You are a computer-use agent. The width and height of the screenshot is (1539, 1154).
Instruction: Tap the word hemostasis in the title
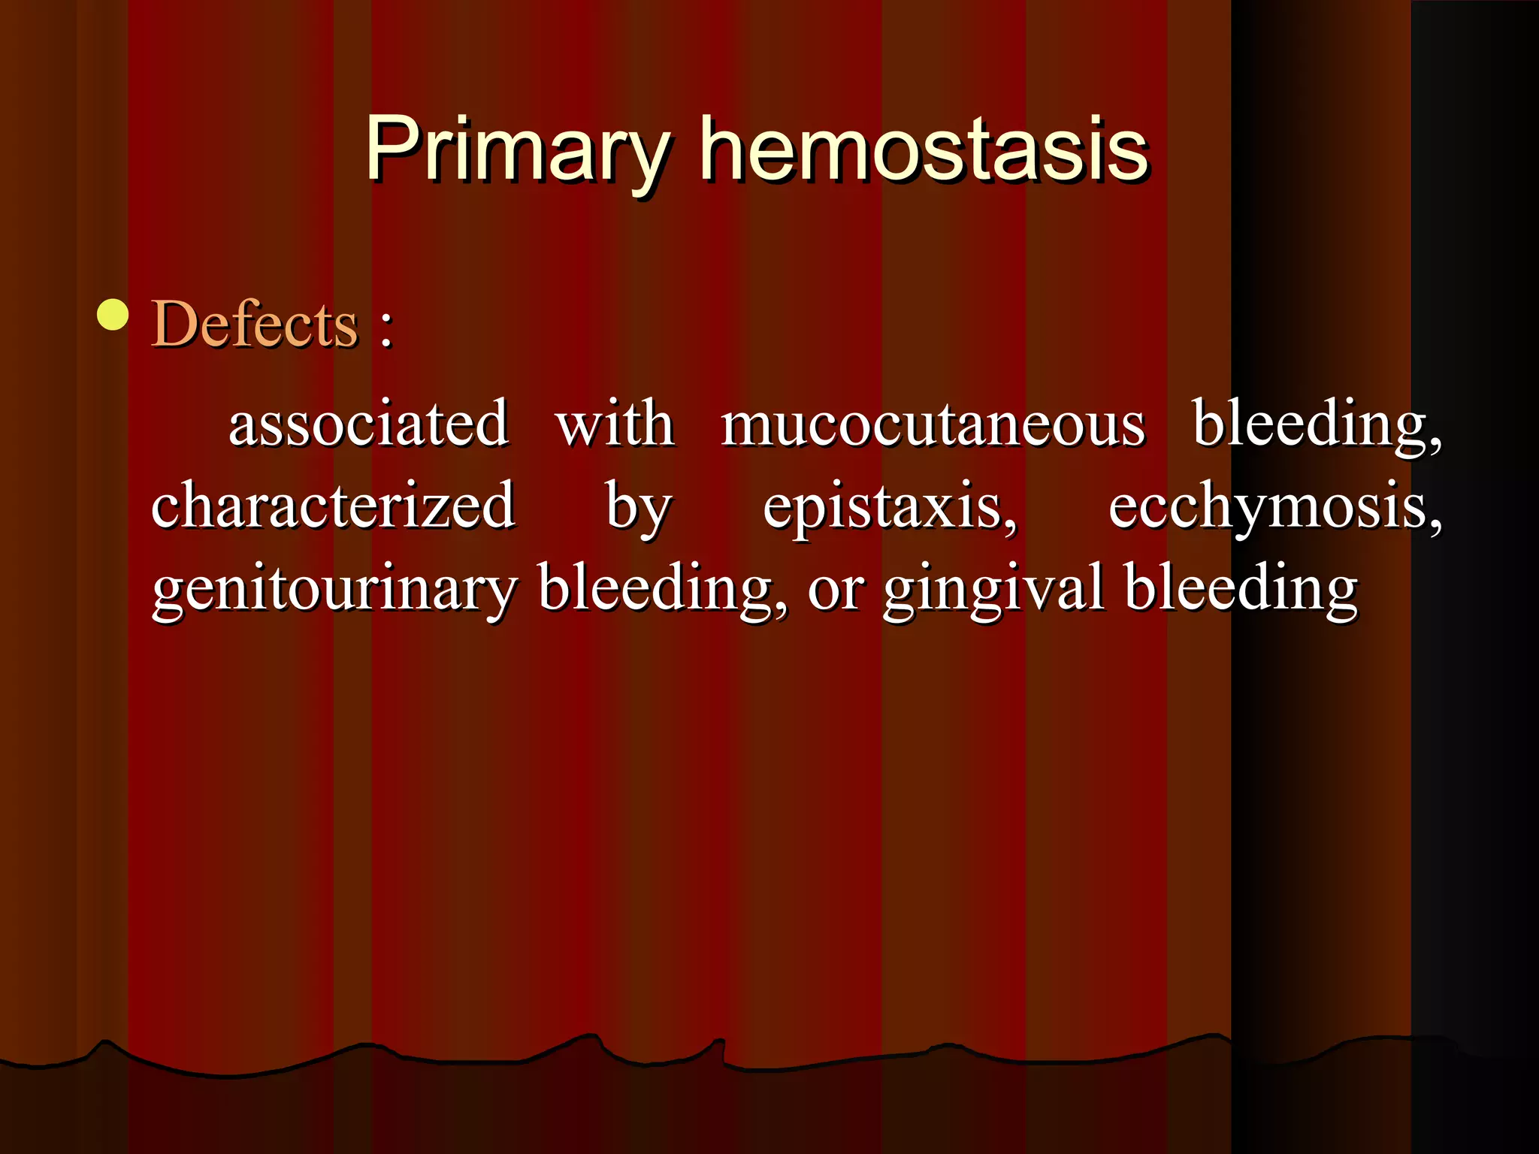tap(924, 150)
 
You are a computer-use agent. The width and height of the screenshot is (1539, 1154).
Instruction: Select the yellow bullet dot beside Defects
tap(113, 315)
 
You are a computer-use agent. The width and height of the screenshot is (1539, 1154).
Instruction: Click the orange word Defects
tap(255, 324)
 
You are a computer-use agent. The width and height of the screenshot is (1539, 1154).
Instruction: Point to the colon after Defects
tap(386, 329)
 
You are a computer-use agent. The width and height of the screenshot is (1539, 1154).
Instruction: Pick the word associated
tap(368, 424)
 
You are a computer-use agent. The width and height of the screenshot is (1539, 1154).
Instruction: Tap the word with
tap(615, 424)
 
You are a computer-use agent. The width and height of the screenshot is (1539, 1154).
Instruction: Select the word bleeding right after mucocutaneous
tap(1312, 424)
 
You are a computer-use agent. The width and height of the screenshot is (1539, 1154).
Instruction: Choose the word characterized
tap(333, 505)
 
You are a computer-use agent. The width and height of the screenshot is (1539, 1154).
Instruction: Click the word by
tap(638, 508)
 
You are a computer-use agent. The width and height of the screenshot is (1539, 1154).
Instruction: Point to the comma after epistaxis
tap(1010, 524)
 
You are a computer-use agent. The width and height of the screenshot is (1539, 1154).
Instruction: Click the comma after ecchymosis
tap(1435, 524)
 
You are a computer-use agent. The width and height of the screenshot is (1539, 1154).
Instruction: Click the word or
tap(835, 591)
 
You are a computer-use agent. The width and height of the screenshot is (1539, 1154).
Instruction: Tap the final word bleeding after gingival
tap(1241, 588)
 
